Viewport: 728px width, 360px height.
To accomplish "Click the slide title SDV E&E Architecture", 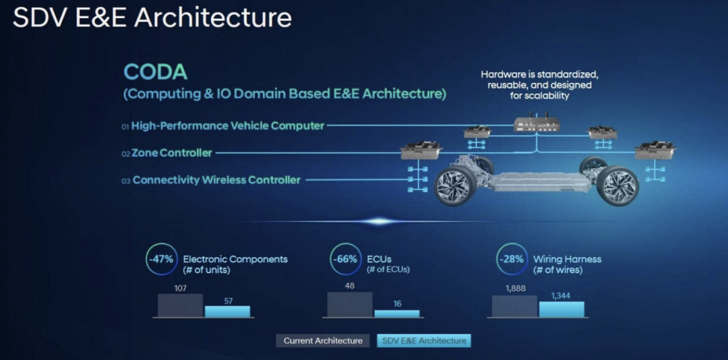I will pos(152,18).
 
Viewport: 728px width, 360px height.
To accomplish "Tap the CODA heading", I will pos(155,72).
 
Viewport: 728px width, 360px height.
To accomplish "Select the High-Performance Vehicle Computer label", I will pos(228,125).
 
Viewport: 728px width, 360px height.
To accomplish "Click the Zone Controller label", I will pos(171,153).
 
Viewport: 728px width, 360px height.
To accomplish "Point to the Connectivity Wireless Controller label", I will pos(216,180).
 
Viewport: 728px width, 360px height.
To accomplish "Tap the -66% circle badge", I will pos(344,259).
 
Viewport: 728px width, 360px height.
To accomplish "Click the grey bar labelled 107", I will pos(180,305).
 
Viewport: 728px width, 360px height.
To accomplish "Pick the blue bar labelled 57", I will pos(227,311).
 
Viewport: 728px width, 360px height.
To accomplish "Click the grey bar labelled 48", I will pos(350,303).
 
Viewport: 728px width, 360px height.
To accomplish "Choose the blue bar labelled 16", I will pos(397,313).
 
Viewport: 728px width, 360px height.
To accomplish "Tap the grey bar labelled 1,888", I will pos(514,306).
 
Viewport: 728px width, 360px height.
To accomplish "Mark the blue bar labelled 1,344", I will pos(562,309).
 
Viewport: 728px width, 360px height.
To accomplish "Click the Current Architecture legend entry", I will pos(323,340).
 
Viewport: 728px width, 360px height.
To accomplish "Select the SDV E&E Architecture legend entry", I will pos(424,340).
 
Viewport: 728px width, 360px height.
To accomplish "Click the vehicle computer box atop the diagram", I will pos(537,124).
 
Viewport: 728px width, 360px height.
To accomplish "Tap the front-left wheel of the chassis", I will pos(456,187).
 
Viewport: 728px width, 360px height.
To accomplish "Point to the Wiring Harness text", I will pos(567,259).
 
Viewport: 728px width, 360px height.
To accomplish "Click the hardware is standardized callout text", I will pos(539,85).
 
